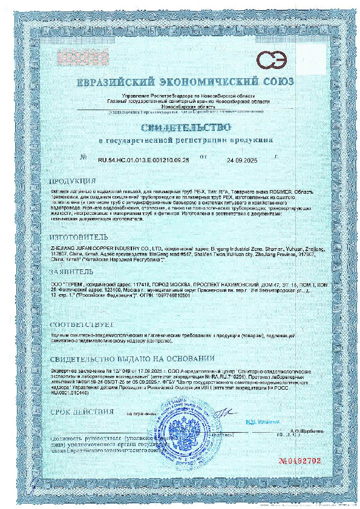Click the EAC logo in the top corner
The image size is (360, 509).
pyautogui.click(x=272, y=60)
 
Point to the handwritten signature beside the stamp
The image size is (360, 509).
pyautogui.click(x=221, y=413)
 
